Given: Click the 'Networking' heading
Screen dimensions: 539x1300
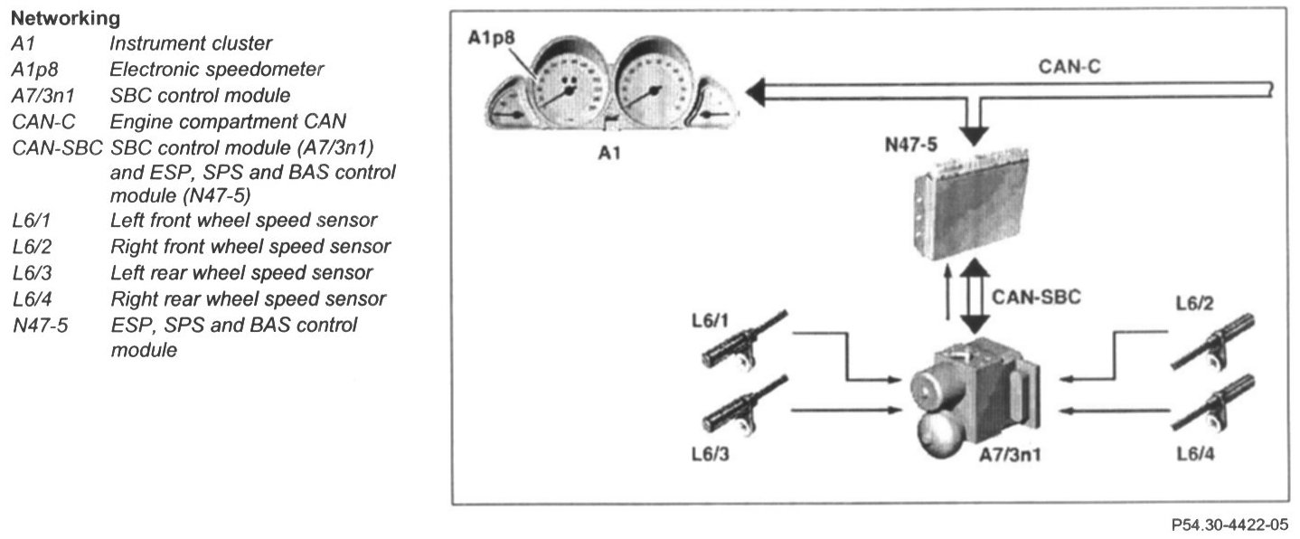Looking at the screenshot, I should [x=66, y=17].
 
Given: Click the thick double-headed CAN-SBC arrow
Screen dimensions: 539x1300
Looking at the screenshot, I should [x=974, y=297].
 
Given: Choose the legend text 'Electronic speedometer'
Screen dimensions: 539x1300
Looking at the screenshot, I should [x=216, y=69].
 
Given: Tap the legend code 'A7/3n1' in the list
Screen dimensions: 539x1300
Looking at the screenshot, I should [x=44, y=94].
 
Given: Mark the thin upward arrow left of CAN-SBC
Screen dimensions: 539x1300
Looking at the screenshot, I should [x=947, y=295].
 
